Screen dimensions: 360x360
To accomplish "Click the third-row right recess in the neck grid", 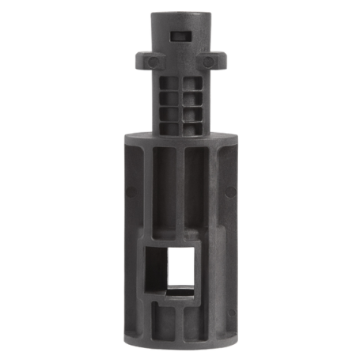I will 191,112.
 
